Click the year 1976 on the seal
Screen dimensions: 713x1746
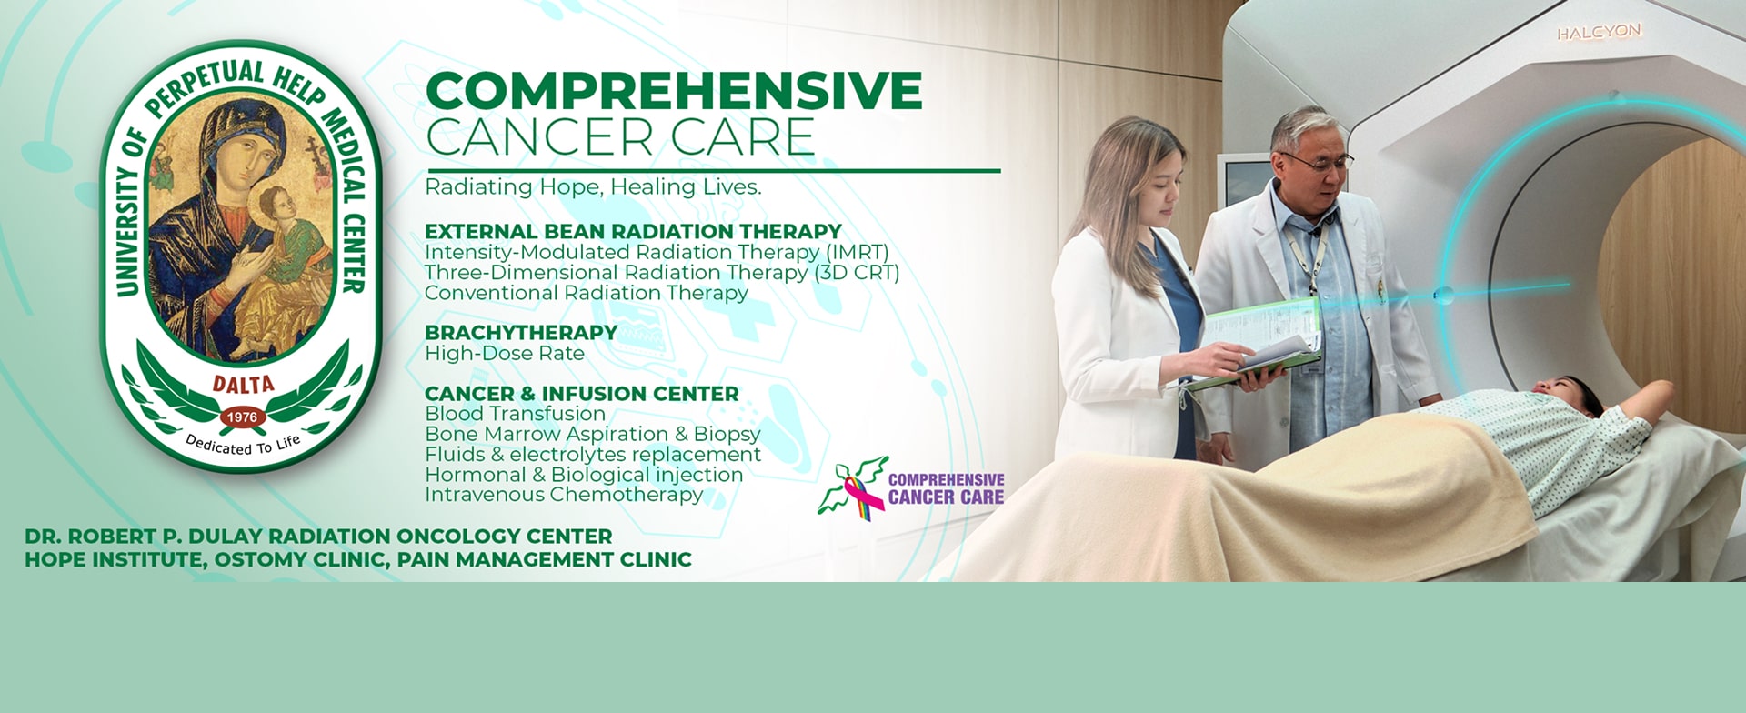click(242, 417)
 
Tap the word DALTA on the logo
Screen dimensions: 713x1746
click(243, 385)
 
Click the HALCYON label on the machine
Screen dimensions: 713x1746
click(1599, 33)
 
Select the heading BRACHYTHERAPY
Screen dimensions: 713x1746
click(521, 333)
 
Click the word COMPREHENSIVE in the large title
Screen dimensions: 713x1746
click(674, 90)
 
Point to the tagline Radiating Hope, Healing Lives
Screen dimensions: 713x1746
click(593, 187)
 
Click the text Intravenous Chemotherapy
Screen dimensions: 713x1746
click(564, 495)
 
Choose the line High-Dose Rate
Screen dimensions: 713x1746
click(505, 354)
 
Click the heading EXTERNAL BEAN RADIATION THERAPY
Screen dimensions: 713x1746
click(633, 232)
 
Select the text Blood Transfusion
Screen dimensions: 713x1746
click(515, 414)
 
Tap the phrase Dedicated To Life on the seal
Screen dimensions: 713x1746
click(243, 444)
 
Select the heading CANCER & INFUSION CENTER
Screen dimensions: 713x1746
click(582, 394)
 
